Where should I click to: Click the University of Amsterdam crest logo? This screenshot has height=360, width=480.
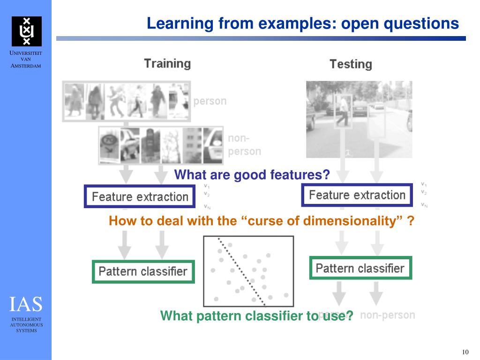pyautogui.click(x=26, y=31)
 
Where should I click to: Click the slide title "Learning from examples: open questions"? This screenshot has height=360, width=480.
pyautogui.click(x=302, y=23)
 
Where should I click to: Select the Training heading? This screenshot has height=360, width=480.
pyautogui.click(x=167, y=64)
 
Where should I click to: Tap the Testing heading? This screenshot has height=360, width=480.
pyautogui.click(x=350, y=64)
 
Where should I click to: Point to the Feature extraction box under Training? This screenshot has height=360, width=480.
pyautogui.click(x=140, y=196)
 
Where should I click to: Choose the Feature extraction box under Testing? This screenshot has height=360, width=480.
pyautogui.click(x=357, y=195)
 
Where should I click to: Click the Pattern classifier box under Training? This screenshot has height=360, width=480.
pyautogui.click(x=143, y=271)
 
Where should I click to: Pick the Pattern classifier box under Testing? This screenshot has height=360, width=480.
pyautogui.click(x=360, y=268)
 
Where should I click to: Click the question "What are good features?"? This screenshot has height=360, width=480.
pyautogui.click(x=252, y=175)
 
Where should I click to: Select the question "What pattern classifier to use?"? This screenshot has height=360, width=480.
pyautogui.click(x=256, y=316)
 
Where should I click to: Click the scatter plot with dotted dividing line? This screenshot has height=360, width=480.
pyautogui.click(x=248, y=271)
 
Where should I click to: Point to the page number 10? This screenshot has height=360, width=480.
pyautogui.click(x=465, y=352)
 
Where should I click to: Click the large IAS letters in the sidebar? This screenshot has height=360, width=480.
pyautogui.click(x=26, y=304)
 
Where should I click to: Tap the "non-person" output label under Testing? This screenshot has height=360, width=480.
pyautogui.click(x=387, y=315)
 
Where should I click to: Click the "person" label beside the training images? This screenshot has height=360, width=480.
pyautogui.click(x=210, y=101)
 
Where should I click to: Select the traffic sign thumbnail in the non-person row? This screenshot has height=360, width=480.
pyautogui.click(x=110, y=145)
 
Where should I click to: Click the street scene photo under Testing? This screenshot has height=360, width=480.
pyautogui.click(x=359, y=119)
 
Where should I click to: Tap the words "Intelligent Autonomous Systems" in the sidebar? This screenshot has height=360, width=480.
pyautogui.click(x=26, y=324)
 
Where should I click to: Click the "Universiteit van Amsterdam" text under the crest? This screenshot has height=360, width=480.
pyautogui.click(x=26, y=60)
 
